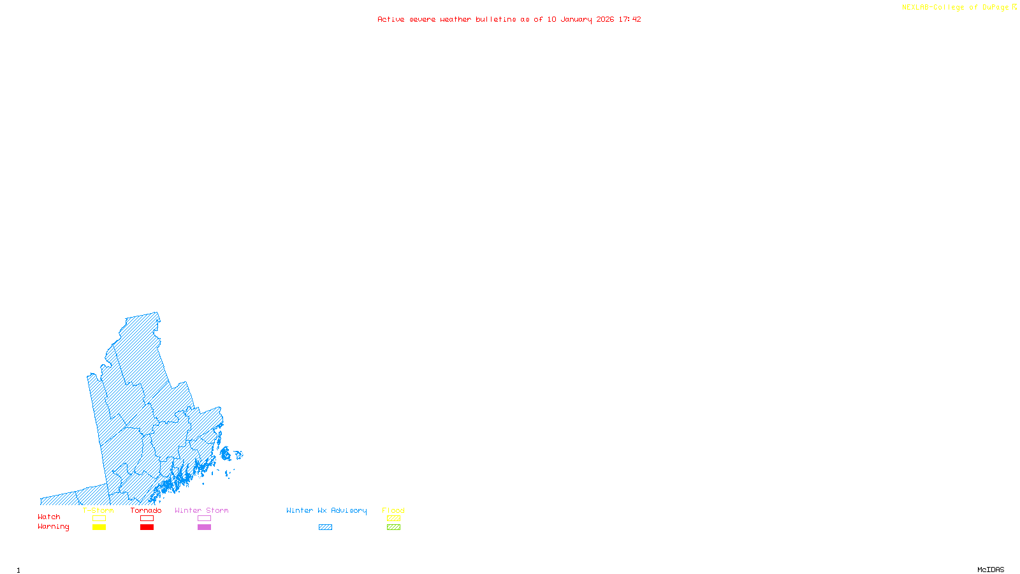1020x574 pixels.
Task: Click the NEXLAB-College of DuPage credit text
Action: (956, 8)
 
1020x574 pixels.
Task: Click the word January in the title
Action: (576, 19)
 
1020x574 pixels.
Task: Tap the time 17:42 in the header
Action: (629, 19)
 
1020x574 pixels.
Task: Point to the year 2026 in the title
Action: (605, 19)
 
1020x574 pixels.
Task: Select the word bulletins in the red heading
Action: (495, 19)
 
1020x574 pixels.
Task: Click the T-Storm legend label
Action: (98, 510)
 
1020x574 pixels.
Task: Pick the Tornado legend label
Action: (146, 510)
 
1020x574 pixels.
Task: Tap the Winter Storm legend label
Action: (201, 510)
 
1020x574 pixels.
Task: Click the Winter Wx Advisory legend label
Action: (326, 510)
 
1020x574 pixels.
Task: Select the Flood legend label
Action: (393, 510)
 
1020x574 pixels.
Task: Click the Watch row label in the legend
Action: (49, 517)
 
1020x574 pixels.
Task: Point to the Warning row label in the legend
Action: (53, 527)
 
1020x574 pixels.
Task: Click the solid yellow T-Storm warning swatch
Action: (99, 527)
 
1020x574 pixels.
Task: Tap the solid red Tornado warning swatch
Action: (147, 527)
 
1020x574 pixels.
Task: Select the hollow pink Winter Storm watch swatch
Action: (204, 519)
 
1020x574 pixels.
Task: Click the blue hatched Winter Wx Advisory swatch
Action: (325, 527)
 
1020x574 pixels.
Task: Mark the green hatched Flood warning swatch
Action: (393, 527)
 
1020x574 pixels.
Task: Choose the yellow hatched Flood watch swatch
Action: (393, 519)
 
